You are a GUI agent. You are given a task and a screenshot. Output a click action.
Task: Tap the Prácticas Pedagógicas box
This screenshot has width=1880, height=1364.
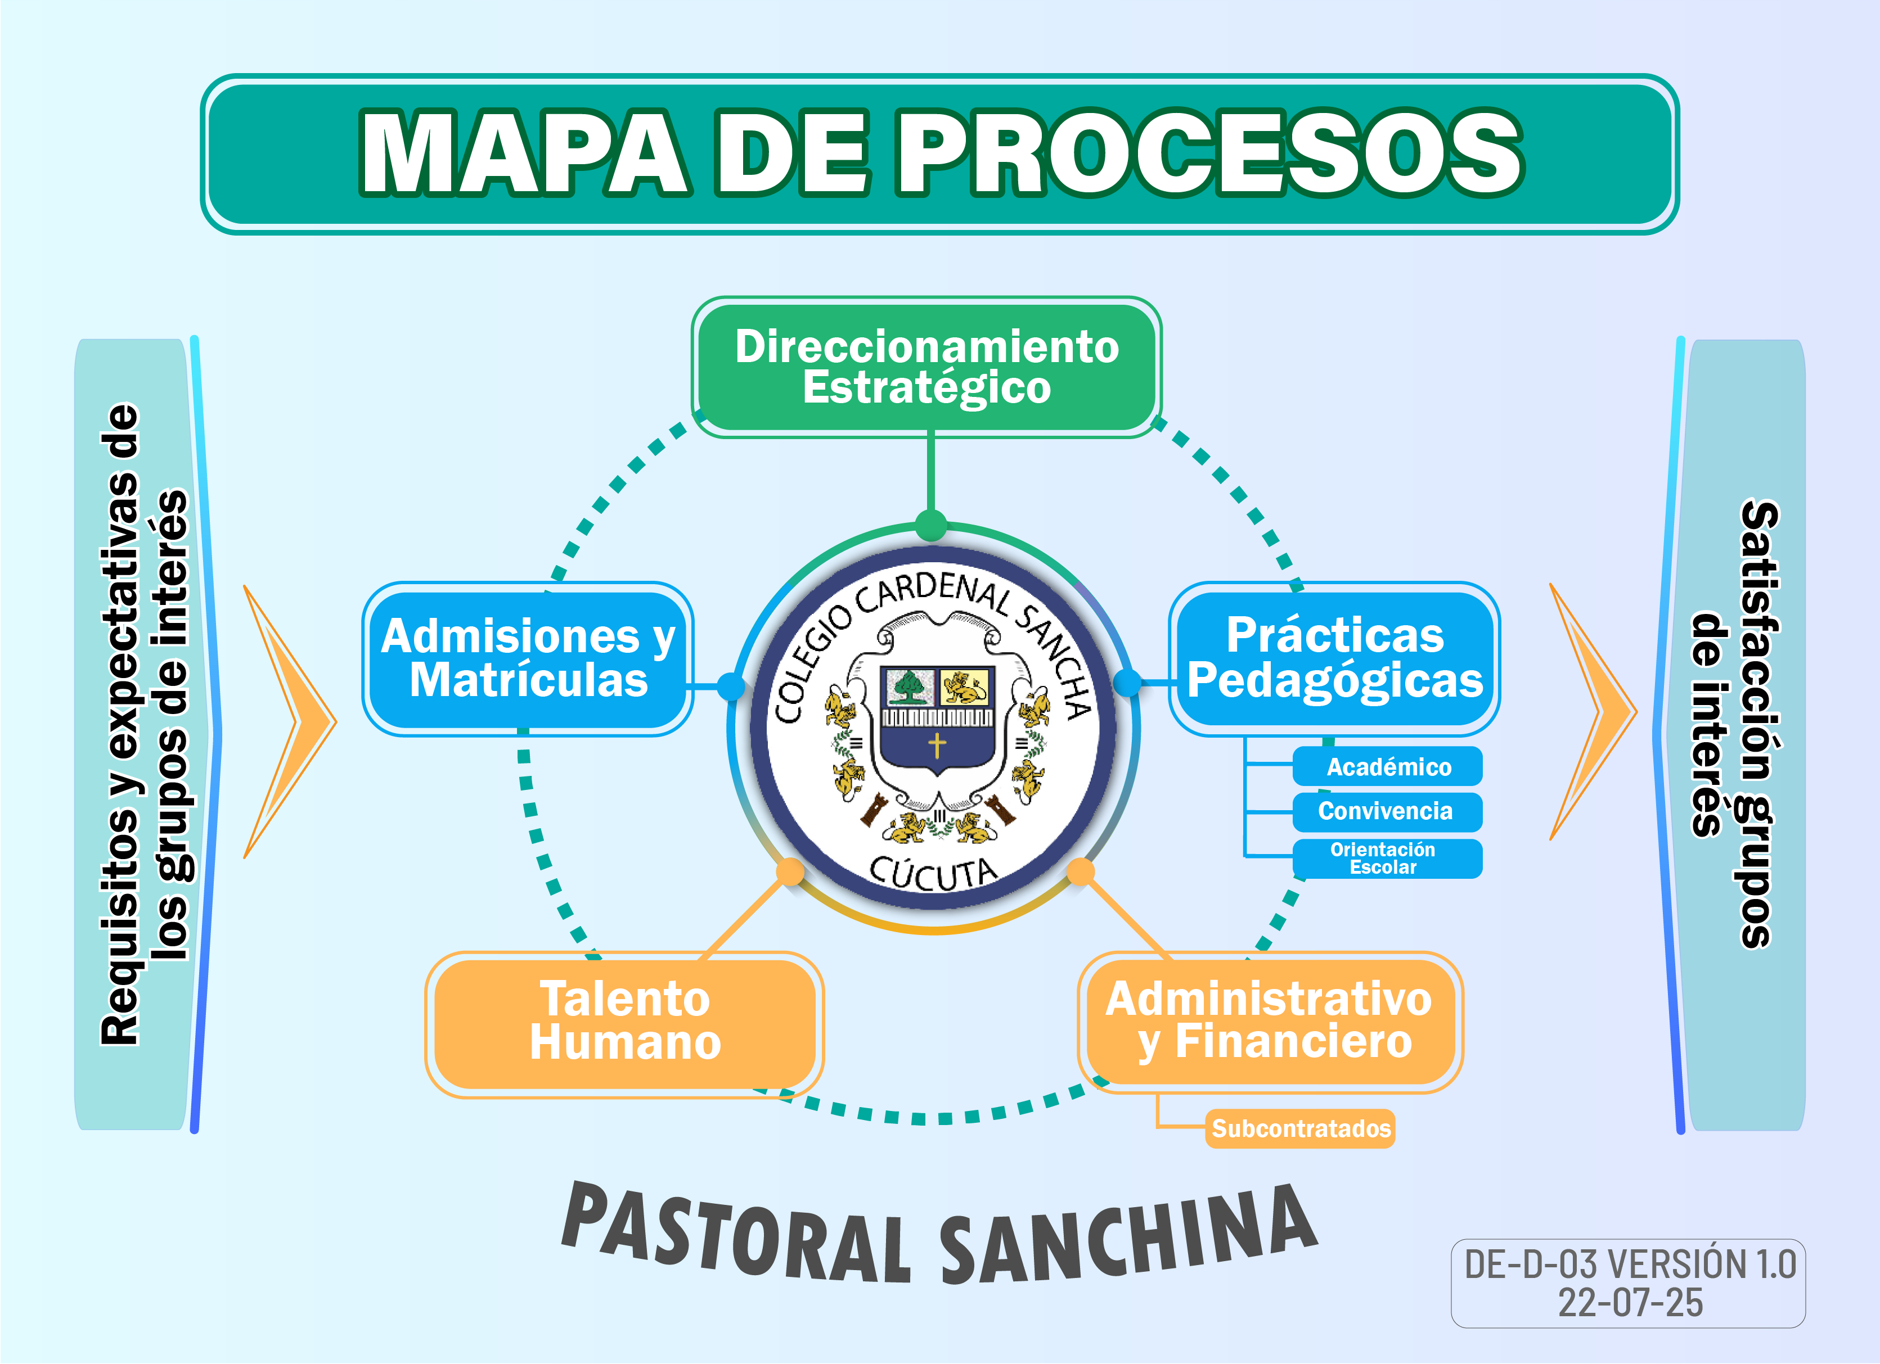tap(1334, 659)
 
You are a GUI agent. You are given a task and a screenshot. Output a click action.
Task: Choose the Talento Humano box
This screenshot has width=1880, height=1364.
tap(624, 1021)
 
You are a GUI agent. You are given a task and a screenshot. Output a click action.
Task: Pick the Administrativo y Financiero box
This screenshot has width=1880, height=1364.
tap(1269, 1021)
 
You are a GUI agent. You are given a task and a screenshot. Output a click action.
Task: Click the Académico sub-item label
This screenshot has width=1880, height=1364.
tap(1388, 766)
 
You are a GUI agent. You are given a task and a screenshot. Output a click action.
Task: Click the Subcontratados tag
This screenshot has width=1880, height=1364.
tap(1301, 1128)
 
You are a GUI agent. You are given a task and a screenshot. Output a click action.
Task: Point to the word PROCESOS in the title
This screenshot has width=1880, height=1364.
tap(1210, 153)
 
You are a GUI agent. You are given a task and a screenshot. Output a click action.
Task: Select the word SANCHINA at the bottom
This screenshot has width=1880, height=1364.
tap(1127, 1235)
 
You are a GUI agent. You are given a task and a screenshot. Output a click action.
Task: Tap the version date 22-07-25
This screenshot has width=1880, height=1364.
tap(1630, 1303)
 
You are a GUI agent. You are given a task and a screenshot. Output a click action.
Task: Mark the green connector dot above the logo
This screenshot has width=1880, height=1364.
tap(931, 525)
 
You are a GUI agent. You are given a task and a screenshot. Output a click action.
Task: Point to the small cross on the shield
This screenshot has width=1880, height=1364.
tap(937, 744)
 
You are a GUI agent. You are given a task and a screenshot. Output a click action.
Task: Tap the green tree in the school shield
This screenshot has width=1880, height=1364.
tap(908, 686)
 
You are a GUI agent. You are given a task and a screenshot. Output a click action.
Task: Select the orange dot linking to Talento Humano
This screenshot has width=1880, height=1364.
tap(790, 872)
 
